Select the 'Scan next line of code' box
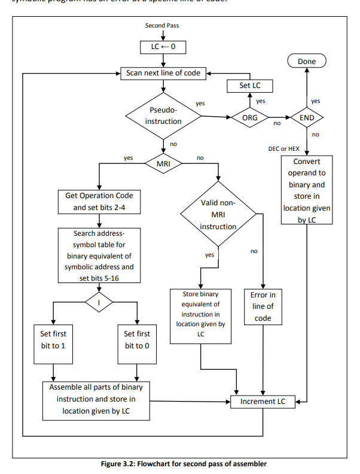click(163, 74)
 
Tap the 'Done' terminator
click(306, 61)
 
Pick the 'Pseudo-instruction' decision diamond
click(163, 116)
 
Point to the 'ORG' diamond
click(249, 117)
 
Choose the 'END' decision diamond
click(306, 117)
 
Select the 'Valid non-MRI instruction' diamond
click(218, 215)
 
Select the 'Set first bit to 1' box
click(54, 340)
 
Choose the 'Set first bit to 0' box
click(138, 340)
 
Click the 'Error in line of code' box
click(263, 306)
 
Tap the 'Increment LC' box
click(263, 402)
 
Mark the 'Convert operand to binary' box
click(306, 190)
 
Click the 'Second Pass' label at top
click(162, 26)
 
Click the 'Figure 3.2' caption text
click(180, 464)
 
